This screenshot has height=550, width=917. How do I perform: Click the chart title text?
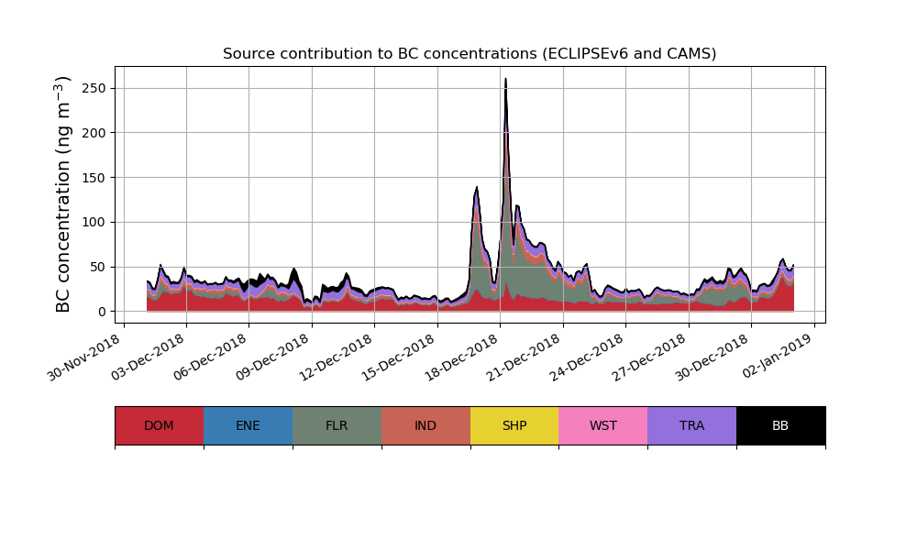[x=470, y=54]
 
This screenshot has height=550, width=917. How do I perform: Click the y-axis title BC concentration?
[x=63, y=193]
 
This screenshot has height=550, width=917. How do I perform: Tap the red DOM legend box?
[x=159, y=425]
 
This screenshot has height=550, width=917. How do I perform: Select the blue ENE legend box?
[x=248, y=425]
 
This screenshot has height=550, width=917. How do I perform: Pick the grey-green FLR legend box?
[x=337, y=425]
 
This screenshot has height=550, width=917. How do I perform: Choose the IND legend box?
[x=425, y=425]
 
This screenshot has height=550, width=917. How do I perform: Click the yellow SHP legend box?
[x=514, y=425]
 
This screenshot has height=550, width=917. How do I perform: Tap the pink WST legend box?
[x=603, y=425]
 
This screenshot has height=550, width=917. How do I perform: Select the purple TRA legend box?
[x=692, y=425]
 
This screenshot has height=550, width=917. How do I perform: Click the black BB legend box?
[x=780, y=425]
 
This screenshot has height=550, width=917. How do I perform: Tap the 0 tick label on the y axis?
[x=103, y=312]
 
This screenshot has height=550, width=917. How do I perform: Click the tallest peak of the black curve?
[x=505, y=79]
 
